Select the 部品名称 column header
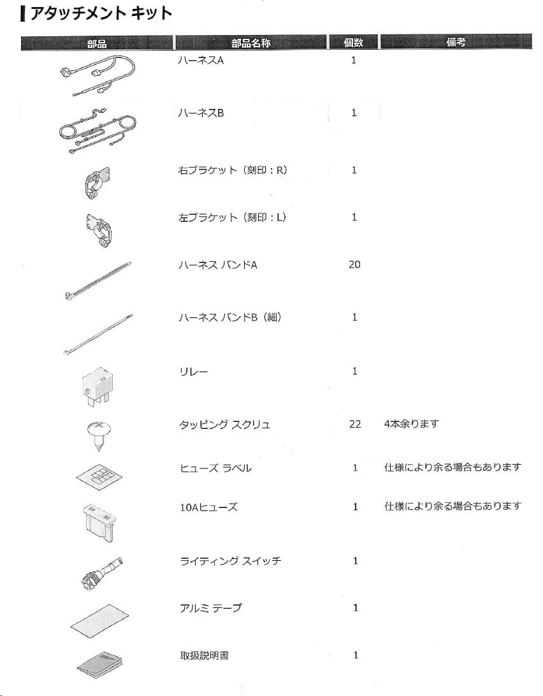(250, 43)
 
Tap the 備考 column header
(456, 43)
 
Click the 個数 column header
(354, 43)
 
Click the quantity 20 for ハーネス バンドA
(354, 265)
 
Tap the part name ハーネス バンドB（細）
(229, 317)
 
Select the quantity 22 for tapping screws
(355, 424)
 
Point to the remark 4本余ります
(412, 424)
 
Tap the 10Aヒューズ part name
(208, 507)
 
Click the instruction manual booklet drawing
(99, 664)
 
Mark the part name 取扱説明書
(204, 655)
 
